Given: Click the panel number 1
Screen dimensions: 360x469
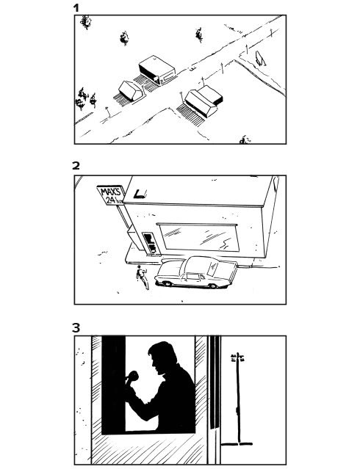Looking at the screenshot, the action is (x=76, y=8).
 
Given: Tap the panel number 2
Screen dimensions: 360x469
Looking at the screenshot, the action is (x=76, y=165).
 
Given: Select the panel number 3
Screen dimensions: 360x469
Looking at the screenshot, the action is (x=76, y=328).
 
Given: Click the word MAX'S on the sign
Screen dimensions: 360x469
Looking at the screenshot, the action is (x=110, y=192).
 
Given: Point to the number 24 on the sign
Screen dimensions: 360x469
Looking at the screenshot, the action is (x=111, y=200).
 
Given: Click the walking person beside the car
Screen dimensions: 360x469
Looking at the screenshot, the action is (x=143, y=277).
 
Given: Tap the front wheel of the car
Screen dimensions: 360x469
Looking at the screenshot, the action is (x=167, y=283).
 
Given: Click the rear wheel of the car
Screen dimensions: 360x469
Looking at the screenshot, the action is (x=213, y=286).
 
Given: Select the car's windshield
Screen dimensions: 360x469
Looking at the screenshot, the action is (x=212, y=269).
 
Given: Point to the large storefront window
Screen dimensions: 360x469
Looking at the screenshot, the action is (x=199, y=238).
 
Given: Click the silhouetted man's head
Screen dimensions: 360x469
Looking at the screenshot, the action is (x=162, y=357).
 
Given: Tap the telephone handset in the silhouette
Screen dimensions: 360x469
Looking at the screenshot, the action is (x=132, y=377).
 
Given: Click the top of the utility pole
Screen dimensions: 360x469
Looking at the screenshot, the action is (x=238, y=354).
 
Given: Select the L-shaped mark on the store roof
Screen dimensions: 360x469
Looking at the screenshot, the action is (x=139, y=194).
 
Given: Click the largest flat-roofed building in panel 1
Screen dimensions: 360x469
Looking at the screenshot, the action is (x=157, y=70).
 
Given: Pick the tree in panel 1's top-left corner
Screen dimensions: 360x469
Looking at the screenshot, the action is (x=86, y=22).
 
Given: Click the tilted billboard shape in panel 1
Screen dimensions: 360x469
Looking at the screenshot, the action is (x=260, y=58).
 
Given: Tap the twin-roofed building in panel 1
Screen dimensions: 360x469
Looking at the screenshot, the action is (x=204, y=102).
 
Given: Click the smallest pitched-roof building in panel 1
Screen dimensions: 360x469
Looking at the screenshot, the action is (x=131, y=90).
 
